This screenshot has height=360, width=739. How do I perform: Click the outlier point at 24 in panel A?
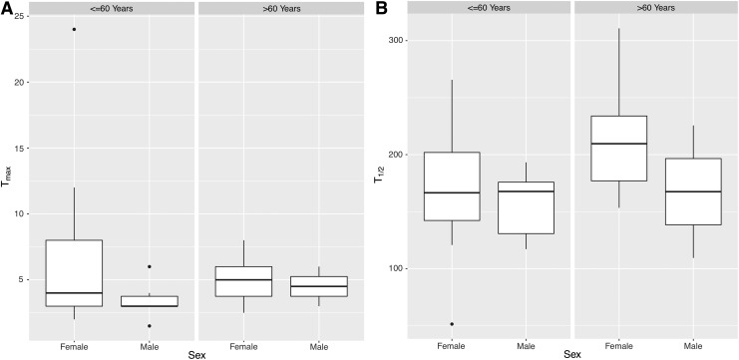click(74, 29)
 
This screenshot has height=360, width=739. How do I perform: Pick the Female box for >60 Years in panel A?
click(243, 281)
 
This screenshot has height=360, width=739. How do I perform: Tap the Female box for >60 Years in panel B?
click(618, 149)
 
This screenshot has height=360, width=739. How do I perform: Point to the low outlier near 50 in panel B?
click(452, 324)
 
